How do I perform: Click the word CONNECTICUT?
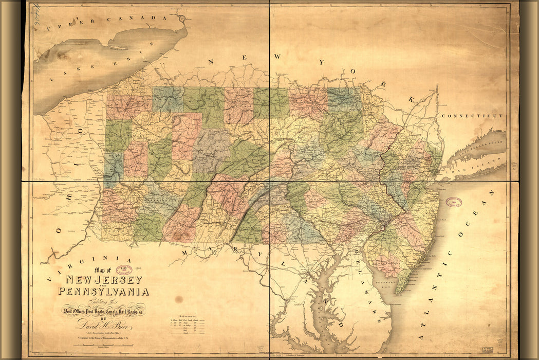472,116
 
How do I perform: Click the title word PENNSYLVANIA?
103,292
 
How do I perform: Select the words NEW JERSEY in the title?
103,280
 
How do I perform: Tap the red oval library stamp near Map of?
123,269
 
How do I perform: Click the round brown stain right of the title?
178,299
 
